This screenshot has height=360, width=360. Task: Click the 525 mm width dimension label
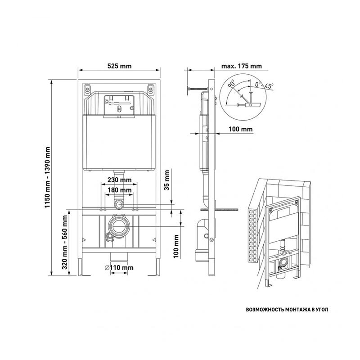(119, 66)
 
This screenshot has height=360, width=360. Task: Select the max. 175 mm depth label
(242, 66)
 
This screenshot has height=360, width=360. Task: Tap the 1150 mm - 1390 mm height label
(48, 177)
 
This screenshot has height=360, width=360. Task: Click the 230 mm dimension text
(120, 180)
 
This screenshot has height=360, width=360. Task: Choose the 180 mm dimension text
(120, 190)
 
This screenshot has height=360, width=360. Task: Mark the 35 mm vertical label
(166, 180)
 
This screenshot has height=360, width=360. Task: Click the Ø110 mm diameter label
(119, 268)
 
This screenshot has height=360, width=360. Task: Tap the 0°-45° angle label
(264, 85)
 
